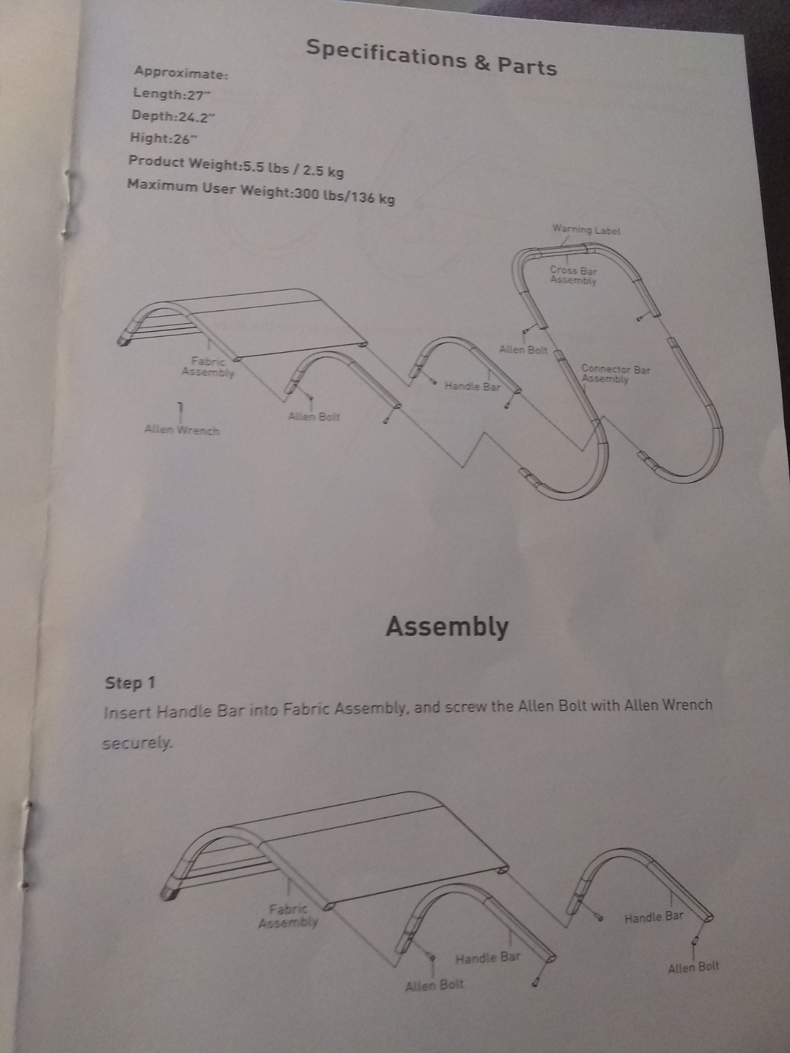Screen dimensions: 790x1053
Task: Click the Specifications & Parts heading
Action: coord(431,57)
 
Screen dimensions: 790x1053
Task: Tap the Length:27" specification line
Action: coord(172,94)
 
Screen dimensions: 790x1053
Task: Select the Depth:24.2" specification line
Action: coord(172,116)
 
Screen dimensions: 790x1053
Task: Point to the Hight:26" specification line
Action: coord(163,139)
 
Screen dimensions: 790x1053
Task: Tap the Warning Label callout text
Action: coord(586,230)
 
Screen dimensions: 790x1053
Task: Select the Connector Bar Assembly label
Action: coord(615,374)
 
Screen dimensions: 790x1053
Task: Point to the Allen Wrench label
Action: coord(182,430)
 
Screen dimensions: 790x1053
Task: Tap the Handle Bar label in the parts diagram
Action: coord(472,386)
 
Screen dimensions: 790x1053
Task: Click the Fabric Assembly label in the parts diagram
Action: coord(208,366)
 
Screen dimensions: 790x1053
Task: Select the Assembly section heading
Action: coord(447,627)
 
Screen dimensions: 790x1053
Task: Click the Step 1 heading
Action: coord(130,683)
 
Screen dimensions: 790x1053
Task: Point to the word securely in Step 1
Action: coord(137,743)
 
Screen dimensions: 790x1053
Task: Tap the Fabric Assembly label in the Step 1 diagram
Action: coord(289,916)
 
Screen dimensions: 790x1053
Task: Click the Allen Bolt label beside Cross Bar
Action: coord(523,350)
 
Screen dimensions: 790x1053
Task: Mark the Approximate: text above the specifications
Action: coord(181,74)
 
